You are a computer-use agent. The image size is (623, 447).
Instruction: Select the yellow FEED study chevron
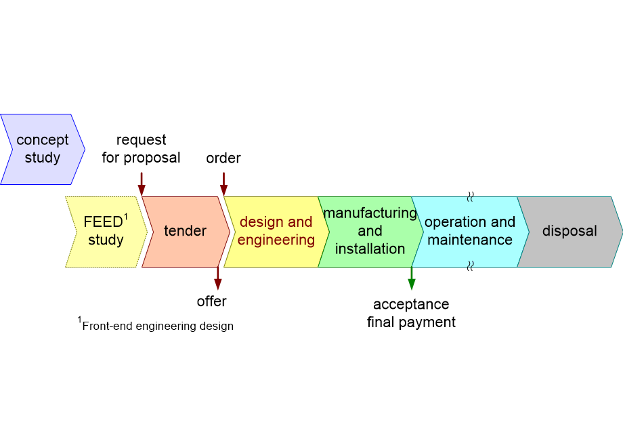coord(106,232)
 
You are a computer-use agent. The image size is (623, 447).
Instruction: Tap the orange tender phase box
coord(185,232)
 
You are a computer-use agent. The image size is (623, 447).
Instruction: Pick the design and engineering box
coord(276,232)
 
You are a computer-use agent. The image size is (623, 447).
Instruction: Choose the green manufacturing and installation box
coord(370,232)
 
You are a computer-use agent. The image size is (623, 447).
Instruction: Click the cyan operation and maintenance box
coord(470,232)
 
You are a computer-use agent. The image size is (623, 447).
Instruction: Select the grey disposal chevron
coord(570,232)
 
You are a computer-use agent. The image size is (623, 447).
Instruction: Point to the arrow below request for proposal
coord(142,183)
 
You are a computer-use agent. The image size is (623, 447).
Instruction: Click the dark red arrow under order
coord(223,183)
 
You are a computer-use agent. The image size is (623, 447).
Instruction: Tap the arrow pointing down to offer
coord(217,278)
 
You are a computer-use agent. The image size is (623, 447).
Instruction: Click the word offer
coord(211,301)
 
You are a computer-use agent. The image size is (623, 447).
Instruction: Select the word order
coord(223,158)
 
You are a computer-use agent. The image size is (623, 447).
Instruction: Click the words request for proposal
coord(141,149)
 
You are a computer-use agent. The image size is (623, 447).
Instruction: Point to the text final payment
coord(411,322)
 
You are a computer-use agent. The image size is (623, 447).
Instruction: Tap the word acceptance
coord(411,304)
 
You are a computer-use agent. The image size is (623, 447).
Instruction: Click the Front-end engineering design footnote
coord(157,326)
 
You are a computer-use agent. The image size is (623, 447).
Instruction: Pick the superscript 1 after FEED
coord(126,217)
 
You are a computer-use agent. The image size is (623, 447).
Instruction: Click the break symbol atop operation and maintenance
coord(470,196)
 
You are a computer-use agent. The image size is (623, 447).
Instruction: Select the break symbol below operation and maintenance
coord(470,266)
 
